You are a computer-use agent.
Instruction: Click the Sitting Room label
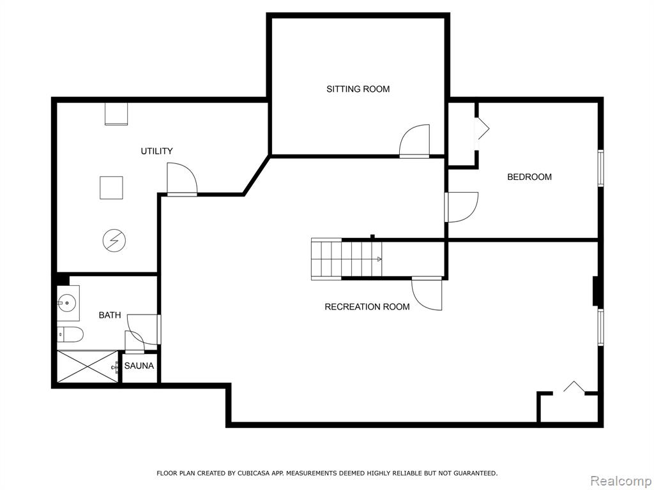point(358,89)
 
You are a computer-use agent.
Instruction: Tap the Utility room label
point(156,151)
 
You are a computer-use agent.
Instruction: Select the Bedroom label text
point(529,177)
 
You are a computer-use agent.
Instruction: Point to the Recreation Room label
point(367,307)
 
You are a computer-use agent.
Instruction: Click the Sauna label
point(139,366)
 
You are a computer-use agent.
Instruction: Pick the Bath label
point(110,315)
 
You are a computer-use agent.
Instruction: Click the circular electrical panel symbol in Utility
point(114,241)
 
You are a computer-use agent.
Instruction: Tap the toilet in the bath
point(70,334)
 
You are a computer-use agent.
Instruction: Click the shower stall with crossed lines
point(87,367)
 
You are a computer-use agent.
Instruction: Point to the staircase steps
point(347,258)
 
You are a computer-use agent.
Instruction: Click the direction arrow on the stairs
point(379,259)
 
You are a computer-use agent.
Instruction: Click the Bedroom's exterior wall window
point(600,168)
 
